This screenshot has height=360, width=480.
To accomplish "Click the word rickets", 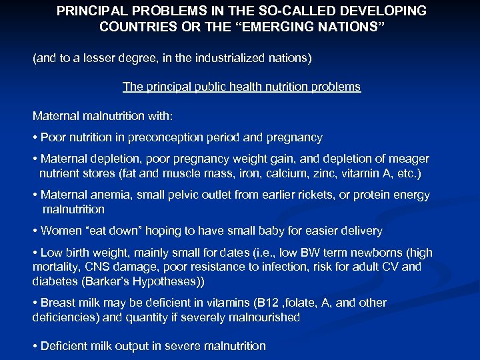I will point(307,195).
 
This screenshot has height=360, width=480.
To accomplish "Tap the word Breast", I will point(57,303).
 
